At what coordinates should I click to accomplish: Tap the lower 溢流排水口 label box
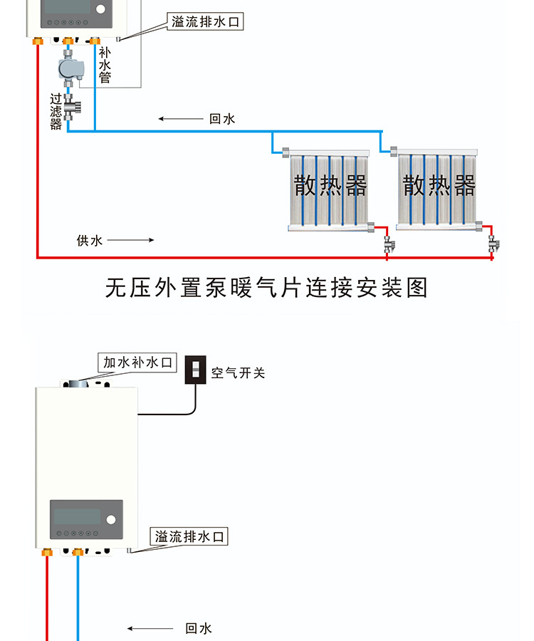(190, 536)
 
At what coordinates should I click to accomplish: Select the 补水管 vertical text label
(105, 65)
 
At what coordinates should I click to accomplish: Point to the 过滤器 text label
(56, 112)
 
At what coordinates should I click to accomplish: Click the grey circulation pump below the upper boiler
(69, 69)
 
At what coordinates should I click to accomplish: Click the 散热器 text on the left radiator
(330, 187)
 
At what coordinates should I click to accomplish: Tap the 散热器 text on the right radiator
(439, 187)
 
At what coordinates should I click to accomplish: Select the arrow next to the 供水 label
(130, 240)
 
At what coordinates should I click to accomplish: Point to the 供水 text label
(90, 240)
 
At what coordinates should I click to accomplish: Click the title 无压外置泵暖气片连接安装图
(266, 288)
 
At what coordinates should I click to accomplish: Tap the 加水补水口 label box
(138, 363)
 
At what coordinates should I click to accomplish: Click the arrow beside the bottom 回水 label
(150, 628)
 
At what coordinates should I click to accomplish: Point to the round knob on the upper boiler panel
(100, 9)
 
